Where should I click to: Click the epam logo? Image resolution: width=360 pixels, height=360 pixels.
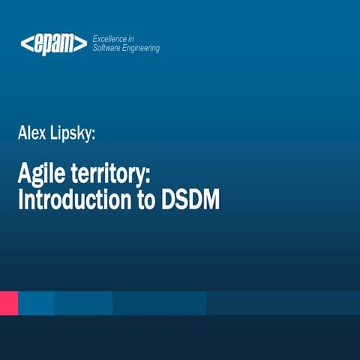tap(53, 43)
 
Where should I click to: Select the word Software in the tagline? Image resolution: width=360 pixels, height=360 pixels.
tap(108, 48)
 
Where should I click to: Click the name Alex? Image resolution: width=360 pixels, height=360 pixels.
tap(32, 134)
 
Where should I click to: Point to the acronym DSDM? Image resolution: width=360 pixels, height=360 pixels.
tap(190, 201)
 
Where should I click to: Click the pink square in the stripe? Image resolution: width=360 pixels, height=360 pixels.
tap(8, 303)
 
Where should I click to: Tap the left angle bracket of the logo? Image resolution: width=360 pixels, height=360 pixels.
tap(25, 43)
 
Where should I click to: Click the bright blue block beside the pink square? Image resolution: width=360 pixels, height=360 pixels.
tap(35, 303)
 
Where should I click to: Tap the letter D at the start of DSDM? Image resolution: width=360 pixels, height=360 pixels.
tap(169, 201)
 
